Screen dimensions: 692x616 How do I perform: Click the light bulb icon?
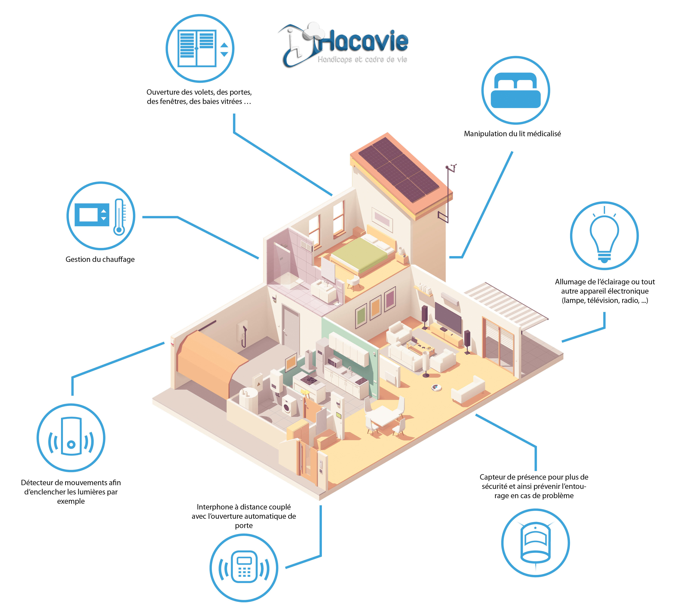604,236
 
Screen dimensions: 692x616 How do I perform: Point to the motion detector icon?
71,438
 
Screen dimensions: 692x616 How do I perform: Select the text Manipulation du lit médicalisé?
512,134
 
